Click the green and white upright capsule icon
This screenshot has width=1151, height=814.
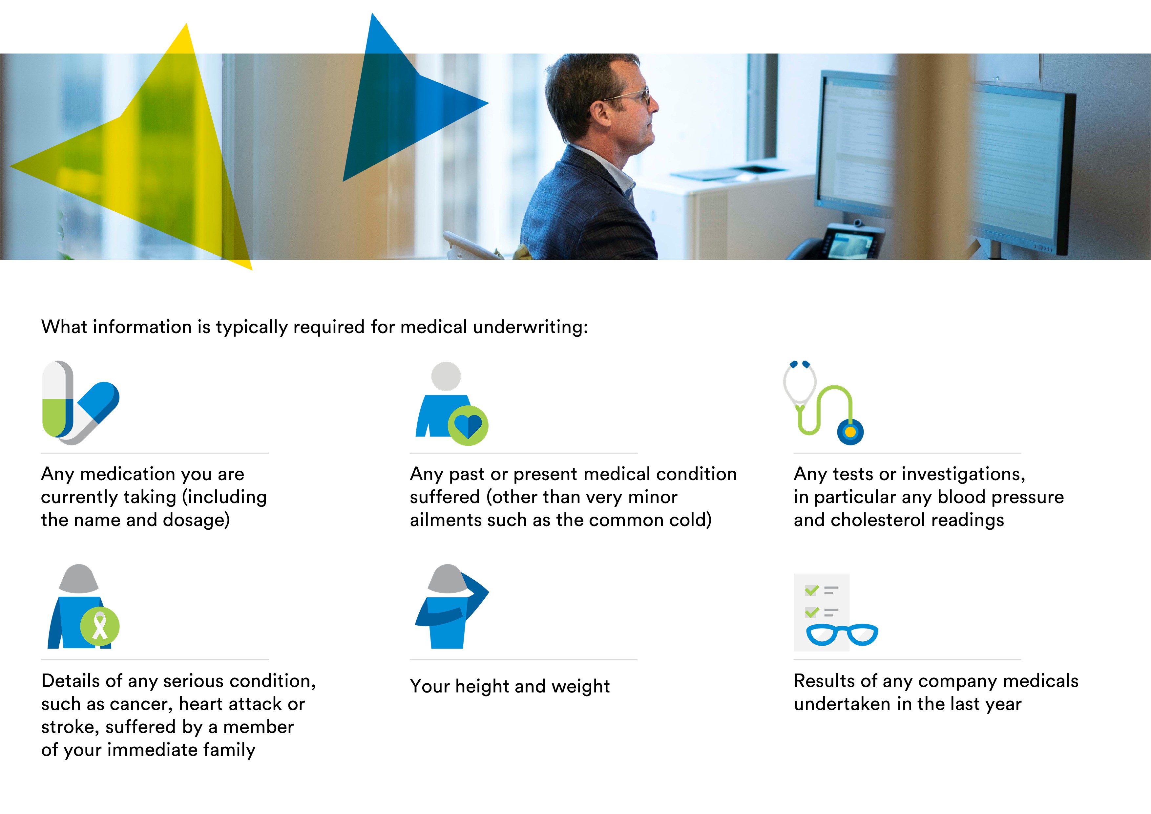(58, 399)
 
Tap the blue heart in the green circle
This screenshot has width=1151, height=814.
(468, 426)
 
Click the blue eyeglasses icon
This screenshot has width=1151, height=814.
(842, 634)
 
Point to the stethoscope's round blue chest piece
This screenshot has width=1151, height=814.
(850, 432)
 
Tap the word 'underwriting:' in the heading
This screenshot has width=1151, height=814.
(530, 327)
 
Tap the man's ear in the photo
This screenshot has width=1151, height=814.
(600, 117)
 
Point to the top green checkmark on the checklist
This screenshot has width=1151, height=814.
(812, 590)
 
